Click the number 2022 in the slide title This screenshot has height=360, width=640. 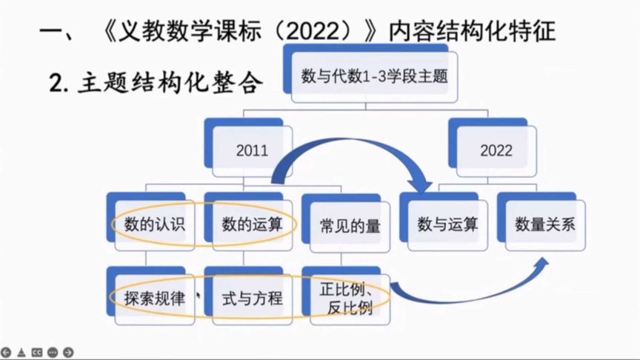[x=313, y=30]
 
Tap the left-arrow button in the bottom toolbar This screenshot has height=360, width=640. [x=6, y=353]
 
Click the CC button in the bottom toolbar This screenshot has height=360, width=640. [x=37, y=353]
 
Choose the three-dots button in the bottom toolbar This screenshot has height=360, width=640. [x=53, y=353]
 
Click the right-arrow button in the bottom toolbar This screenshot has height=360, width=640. [x=68, y=353]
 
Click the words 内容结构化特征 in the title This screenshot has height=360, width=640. [x=472, y=30]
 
